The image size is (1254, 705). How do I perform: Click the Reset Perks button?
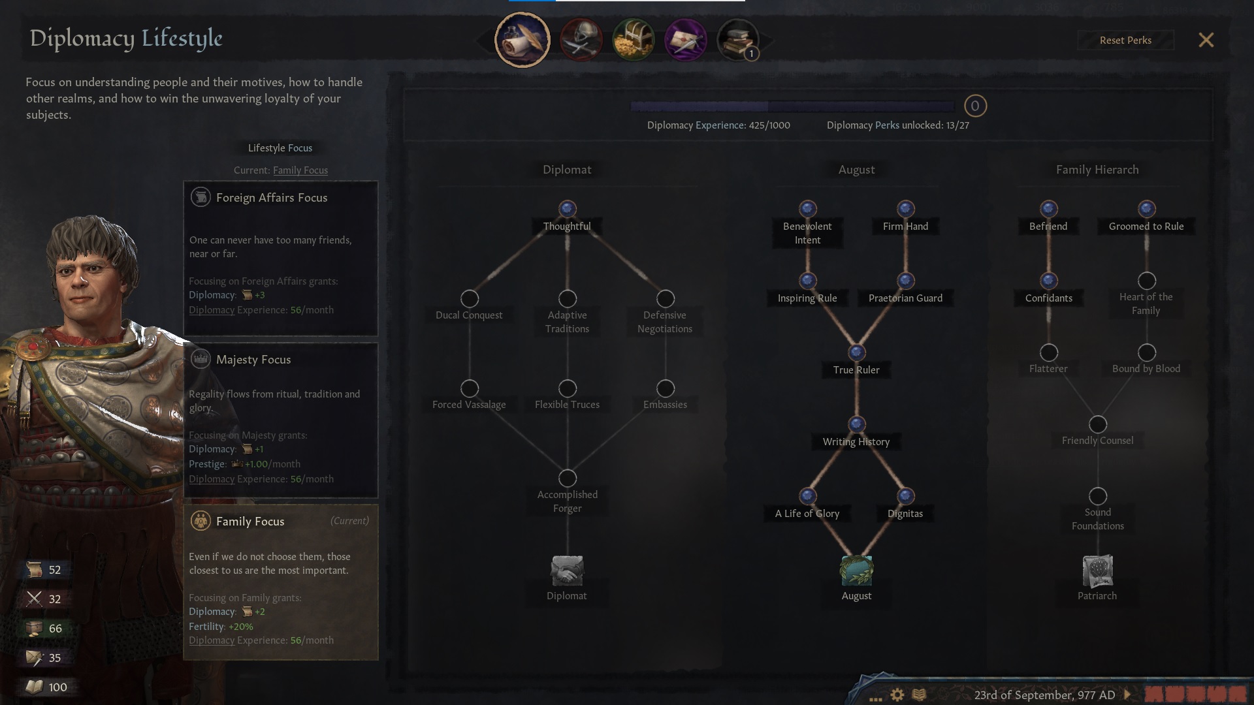click(x=1125, y=40)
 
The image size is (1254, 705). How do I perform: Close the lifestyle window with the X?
click(x=1206, y=40)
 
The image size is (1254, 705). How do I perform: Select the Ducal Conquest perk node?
click(x=470, y=299)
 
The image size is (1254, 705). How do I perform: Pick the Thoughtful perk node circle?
click(x=567, y=209)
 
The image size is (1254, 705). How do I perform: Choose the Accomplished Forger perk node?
click(x=567, y=478)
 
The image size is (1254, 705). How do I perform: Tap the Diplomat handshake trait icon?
click(x=567, y=571)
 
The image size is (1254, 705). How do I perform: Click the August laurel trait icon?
click(x=856, y=571)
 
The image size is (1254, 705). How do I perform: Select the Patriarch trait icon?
click(x=1097, y=571)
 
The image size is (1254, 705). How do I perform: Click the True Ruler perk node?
click(x=856, y=353)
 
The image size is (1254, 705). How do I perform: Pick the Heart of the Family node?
click(x=1146, y=281)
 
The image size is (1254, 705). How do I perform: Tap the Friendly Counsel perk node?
click(x=1097, y=425)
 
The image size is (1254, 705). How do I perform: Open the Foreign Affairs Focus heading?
click(x=272, y=198)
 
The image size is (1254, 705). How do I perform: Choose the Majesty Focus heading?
click(x=253, y=360)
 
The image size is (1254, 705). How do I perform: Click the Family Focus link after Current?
click(x=300, y=170)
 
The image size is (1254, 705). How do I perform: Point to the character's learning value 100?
click(x=57, y=687)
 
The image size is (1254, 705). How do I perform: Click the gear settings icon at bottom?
click(x=897, y=695)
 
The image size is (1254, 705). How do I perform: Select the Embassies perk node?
click(x=665, y=389)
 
